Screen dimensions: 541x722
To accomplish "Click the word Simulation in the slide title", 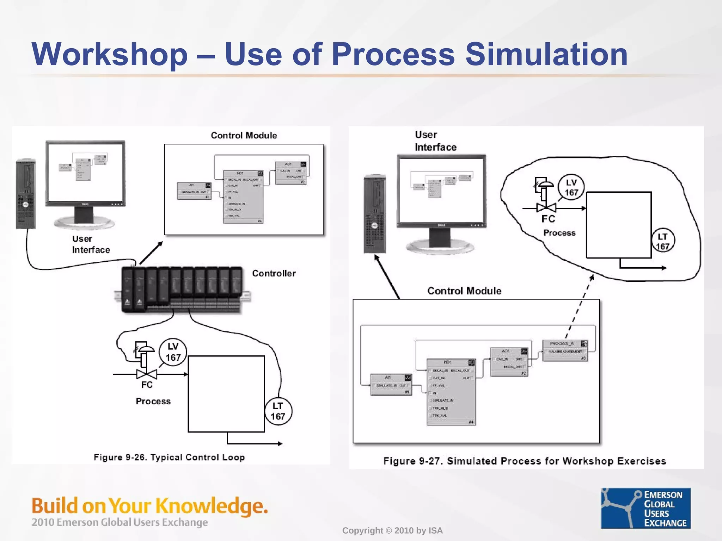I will (x=546, y=54).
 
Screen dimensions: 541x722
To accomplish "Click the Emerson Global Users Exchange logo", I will (x=645, y=508).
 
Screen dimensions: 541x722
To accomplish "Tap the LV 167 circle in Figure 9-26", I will (x=173, y=352).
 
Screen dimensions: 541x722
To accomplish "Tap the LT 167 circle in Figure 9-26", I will (x=278, y=411).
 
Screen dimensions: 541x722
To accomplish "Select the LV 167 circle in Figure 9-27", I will (x=571, y=187).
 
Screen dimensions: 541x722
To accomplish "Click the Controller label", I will (x=274, y=273).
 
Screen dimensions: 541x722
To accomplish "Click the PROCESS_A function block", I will (x=565, y=350).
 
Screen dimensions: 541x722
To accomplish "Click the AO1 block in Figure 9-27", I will (x=509, y=362).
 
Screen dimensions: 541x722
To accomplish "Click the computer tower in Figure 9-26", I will (x=26, y=194).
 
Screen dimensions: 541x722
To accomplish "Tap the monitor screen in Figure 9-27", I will (x=441, y=190).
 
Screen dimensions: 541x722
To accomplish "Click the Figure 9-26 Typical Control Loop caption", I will (x=169, y=457).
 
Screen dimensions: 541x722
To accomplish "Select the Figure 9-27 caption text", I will (x=525, y=461).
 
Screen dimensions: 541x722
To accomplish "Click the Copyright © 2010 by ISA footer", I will (x=392, y=530).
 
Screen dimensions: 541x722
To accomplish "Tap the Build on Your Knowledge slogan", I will (x=150, y=506).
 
